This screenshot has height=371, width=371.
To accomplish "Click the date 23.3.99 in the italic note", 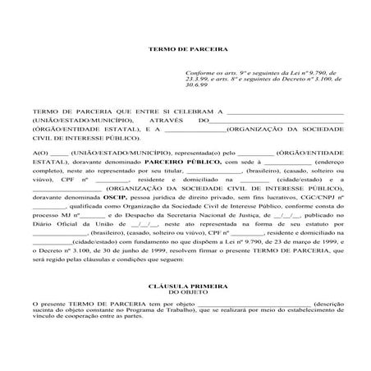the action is coord(199,80).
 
